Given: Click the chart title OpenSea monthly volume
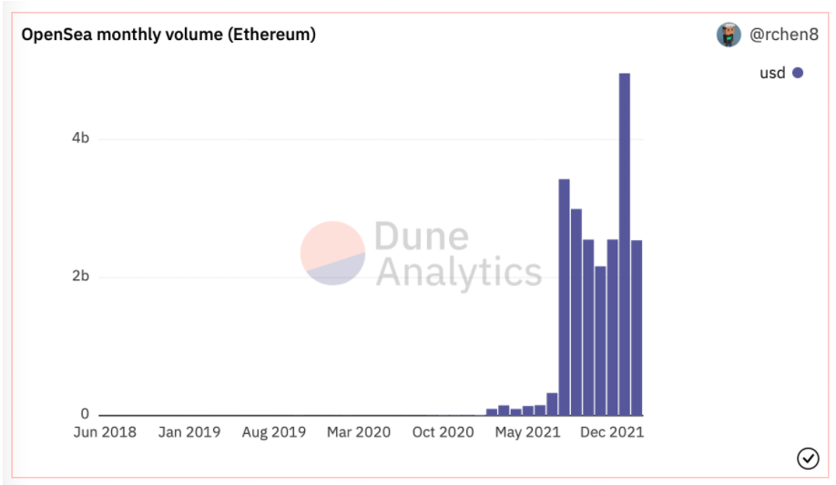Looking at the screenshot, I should [x=168, y=35].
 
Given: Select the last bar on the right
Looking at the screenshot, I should [x=637, y=328].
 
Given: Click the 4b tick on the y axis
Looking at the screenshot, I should [x=80, y=138].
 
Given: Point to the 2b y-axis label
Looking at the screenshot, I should [x=80, y=277].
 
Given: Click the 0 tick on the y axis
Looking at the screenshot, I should [x=85, y=415].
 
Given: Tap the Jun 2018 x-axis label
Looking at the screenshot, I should [x=105, y=432].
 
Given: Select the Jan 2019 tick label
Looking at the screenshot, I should [x=189, y=432].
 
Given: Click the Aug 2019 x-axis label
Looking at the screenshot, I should [x=274, y=432].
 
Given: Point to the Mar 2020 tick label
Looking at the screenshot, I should [x=359, y=432].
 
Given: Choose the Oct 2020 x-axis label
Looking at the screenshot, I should [x=443, y=432].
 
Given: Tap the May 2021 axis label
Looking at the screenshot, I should [x=527, y=432].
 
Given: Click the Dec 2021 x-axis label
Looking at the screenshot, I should [x=612, y=432].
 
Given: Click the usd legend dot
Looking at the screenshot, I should [x=798, y=73].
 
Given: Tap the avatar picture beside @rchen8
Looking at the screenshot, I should [x=729, y=35].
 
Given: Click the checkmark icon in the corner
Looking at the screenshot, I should [x=808, y=459].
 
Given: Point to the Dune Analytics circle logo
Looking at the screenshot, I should [x=332, y=253].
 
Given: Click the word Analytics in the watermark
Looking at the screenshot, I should [x=458, y=271].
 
